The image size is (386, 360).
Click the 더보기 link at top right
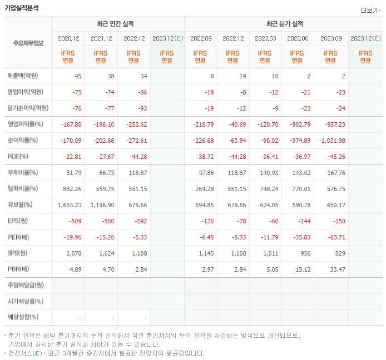[x=369, y=10]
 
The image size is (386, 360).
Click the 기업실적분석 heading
[x=22, y=7]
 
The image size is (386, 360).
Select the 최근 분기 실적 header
[x=285, y=24]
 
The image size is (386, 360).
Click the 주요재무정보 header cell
[x=28, y=43]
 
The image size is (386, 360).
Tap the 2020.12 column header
[x=69, y=38]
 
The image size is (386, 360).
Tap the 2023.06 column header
[x=298, y=38]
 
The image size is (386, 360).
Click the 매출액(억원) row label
[x=26, y=76]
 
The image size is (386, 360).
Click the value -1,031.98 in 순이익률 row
[x=332, y=141]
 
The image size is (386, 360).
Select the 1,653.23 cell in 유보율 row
[x=70, y=205]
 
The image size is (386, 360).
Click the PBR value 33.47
[x=337, y=269]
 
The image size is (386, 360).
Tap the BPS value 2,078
[x=74, y=253]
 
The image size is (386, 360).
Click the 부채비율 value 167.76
[x=336, y=173]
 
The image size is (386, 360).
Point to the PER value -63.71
[x=336, y=237]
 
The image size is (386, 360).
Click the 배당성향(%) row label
[x=23, y=317]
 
